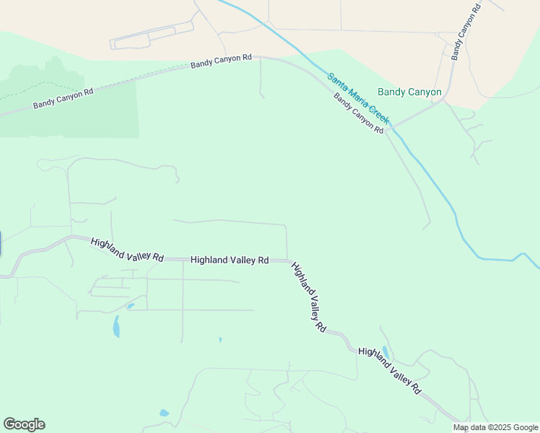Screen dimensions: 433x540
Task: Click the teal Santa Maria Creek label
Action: pyautogui.click(x=358, y=98)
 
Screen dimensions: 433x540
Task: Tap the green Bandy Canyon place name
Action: pyautogui.click(x=409, y=92)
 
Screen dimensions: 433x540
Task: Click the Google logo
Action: pyautogui.click(x=24, y=424)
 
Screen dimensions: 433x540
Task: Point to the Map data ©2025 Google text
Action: pyautogui.click(x=496, y=427)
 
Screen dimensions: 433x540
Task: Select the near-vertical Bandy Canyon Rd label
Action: pyautogui.click(x=466, y=33)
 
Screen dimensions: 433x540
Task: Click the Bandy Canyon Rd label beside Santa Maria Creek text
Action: pyautogui.click(x=358, y=113)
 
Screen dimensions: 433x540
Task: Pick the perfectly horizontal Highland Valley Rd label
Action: pyautogui.click(x=230, y=260)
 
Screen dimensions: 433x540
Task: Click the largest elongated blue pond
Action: pyautogui.click(x=116, y=327)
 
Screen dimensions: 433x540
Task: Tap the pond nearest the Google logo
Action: pyautogui.click(x=164, y=414)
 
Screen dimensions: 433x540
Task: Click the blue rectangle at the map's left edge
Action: pyautogui.click(x=1, y=243)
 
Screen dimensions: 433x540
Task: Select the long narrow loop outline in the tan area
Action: pyautogui.click(x=152, y=36)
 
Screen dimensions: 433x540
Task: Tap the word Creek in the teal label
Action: pyautogui.click(x=376, y=113)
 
